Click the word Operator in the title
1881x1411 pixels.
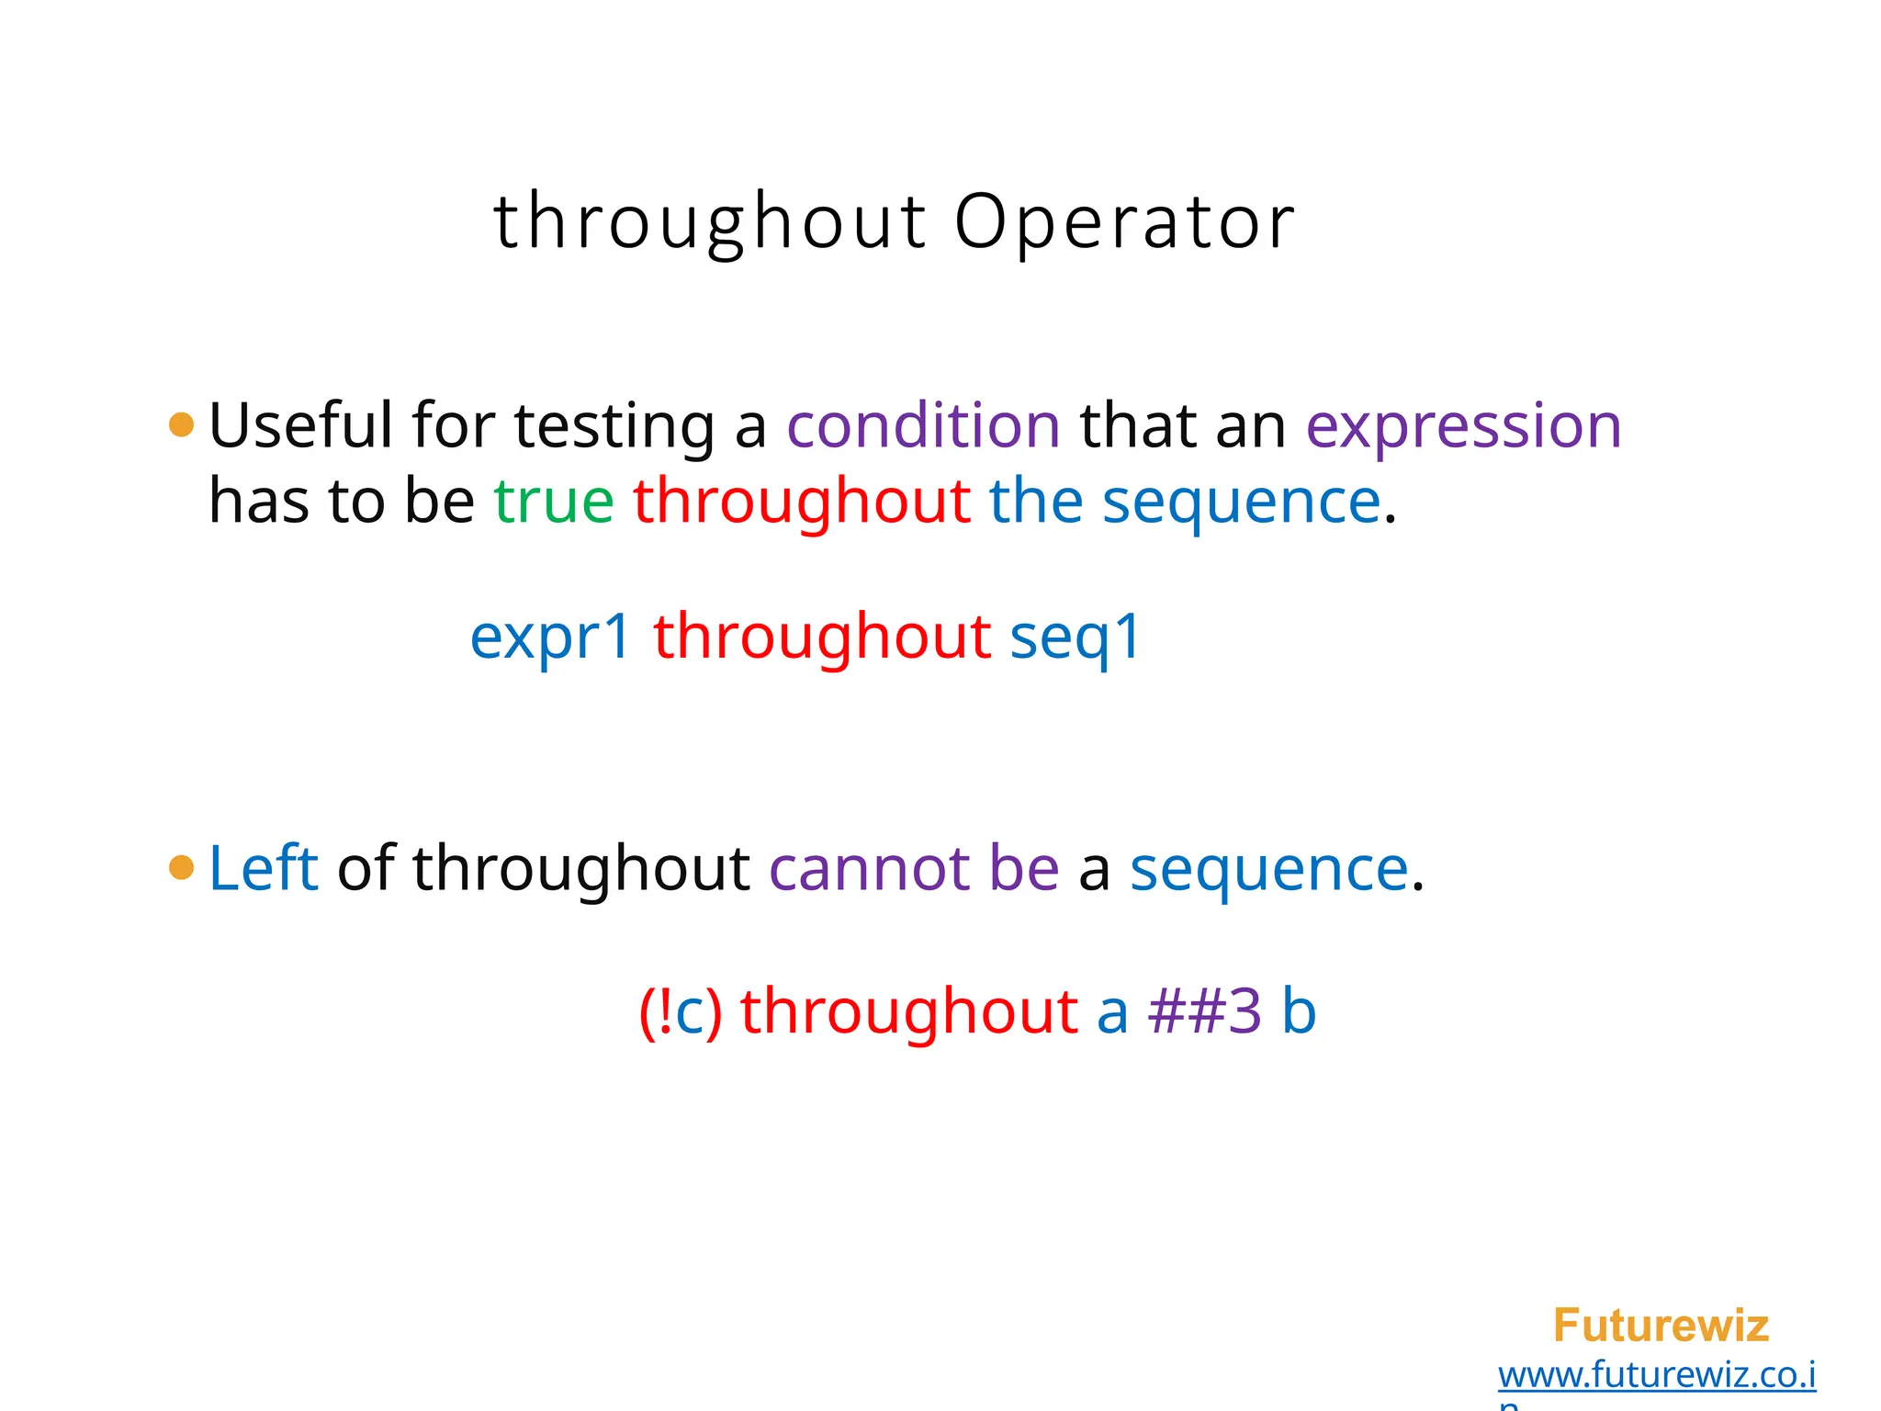[1124, 222]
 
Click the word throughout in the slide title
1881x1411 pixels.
[710, 222]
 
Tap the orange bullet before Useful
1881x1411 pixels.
[182, 424]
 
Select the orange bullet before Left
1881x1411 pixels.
[182, 867]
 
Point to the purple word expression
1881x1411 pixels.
[1463, 427]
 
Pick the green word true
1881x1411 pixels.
[554, 502]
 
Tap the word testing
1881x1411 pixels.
[614, 427]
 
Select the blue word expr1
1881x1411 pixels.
[550, 638]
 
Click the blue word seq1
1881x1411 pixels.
[1076, 638]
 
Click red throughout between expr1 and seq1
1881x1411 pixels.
[822, 637]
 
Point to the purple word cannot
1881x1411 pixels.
[869, 868]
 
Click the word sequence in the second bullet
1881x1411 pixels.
[1268, 869]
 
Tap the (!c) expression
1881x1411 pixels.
[681, 1011]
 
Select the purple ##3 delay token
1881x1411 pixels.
[1205, 1011]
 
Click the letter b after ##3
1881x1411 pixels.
[1299, 1011]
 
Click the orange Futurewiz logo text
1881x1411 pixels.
[1661, 1326]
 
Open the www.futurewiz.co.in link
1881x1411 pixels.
[1656, 1375]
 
